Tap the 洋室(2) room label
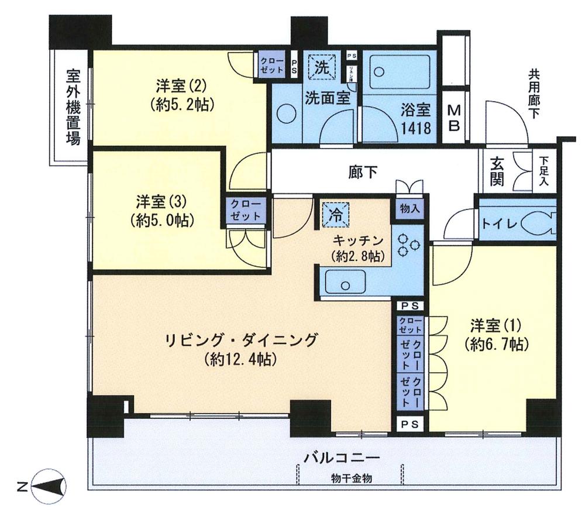click(x=180, y=87)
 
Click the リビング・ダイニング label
click(x=240, y=339)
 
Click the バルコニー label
click(x=342, y=456)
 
